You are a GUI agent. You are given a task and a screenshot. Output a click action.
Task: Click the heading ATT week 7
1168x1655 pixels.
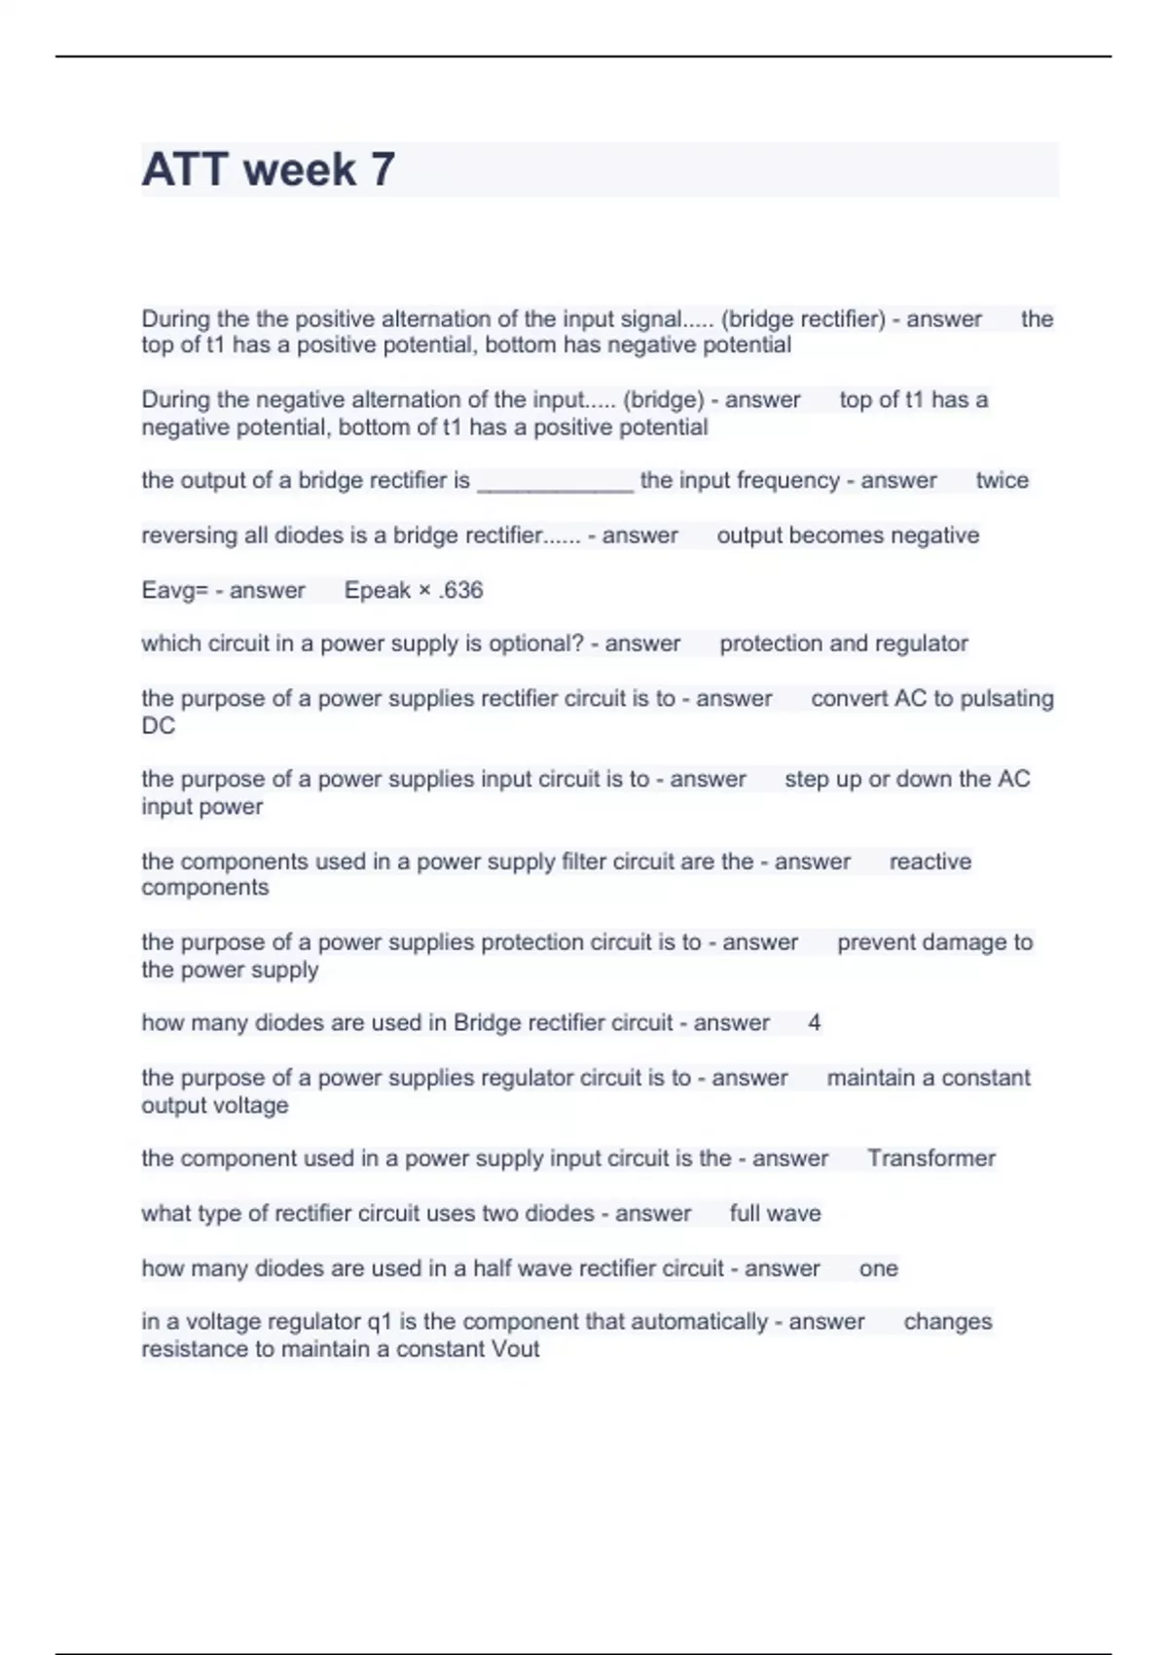[x=268, y=169]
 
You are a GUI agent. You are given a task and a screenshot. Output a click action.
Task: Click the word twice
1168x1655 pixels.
[x=1002, y=480]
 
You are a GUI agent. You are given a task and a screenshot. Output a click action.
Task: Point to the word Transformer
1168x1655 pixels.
[x=931, y=1158]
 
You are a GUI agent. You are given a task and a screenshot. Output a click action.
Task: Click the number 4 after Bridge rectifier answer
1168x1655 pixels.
[x=814, y=1023]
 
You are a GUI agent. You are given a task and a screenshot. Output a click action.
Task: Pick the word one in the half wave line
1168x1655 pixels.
[x=878, y=1269]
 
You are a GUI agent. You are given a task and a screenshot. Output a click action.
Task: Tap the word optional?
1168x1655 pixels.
[x=536, y=644]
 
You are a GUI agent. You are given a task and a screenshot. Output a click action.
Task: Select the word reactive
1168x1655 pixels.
[x=930, y=862]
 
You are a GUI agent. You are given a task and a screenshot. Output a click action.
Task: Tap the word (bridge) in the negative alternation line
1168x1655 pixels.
[x=663, y=400]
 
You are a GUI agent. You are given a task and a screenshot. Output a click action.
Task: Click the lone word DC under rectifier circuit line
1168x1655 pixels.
[x=158, y=725]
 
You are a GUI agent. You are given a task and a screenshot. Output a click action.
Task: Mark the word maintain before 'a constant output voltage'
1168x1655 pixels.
[x=870, y=1078]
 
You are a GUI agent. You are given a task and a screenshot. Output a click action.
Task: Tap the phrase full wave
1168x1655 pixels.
[x=775, y=1214]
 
